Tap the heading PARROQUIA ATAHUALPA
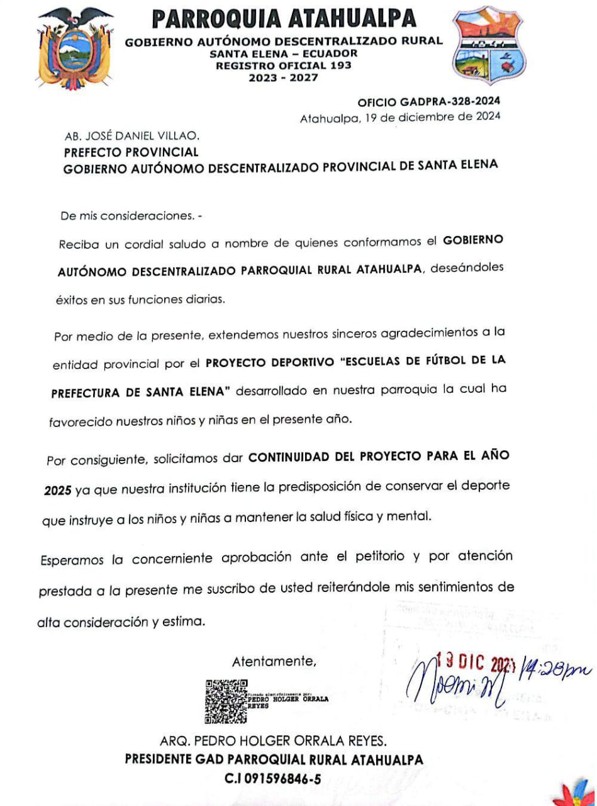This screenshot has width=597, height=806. pyautogui.click(x=284, y=19)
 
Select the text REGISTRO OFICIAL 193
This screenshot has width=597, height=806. pyautogui.click(x=284, y=65)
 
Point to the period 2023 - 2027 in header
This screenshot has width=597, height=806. pyautogui.click(x=284, y=77)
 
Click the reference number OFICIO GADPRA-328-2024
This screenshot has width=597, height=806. pyautogui.click(x=429, y=102)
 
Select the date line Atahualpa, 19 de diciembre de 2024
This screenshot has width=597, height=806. pyautogui.click(x=400, y=116)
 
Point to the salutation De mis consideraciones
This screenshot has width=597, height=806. pyautogui.click(x=128, y=215)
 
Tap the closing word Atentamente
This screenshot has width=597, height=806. pyautogui.click(x=274, y=661)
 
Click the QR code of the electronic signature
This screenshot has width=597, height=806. pyautogui.click(x=226, y=701)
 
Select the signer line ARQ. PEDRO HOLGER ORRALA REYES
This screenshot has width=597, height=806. pyautogui.click(x=274, y=741)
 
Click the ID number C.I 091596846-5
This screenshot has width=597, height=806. pyautogui.click(x=274, y=778)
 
